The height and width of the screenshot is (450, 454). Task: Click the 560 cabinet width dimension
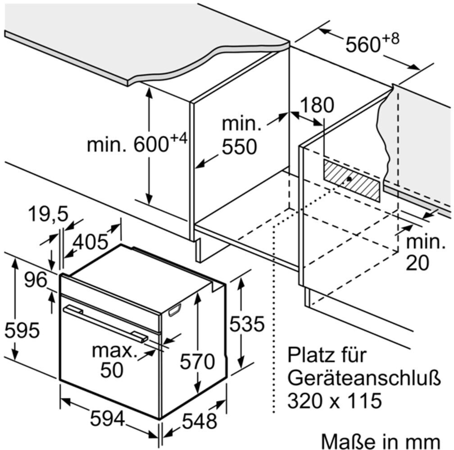(x=372, y=43)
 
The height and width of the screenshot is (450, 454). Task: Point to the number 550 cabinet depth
(x=239, y=147)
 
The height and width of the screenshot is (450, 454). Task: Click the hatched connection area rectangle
(x=351, y=180)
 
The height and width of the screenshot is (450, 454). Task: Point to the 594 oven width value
(x=107, y=419)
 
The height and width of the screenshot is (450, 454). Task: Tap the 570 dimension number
(x=197, y=361)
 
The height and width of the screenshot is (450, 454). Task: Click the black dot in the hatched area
(x=349, y=179)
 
